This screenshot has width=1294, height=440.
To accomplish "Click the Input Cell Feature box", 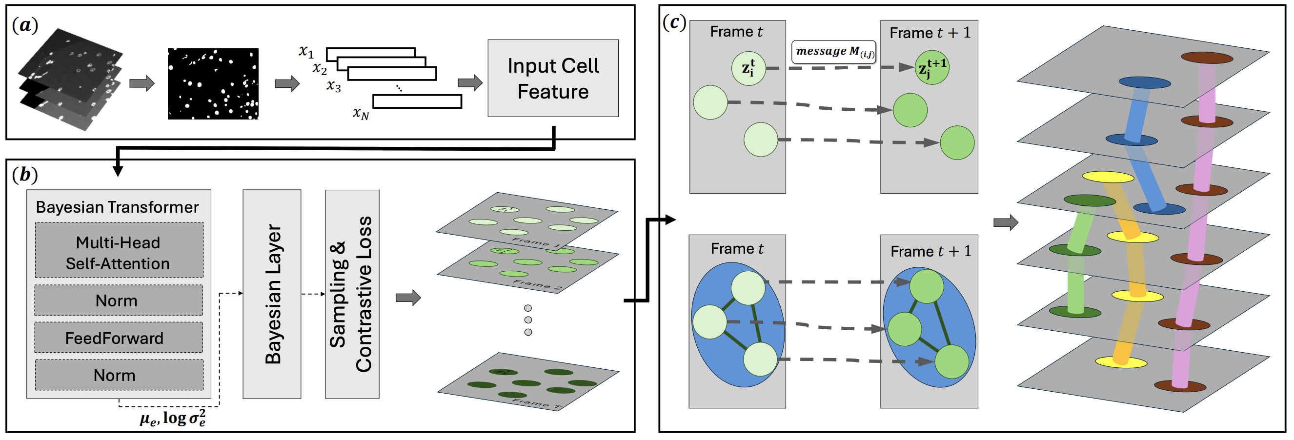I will pyautogui.click(x=552, y=79).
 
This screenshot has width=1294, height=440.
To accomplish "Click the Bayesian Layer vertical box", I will pyautogui.click(x=272, y=294).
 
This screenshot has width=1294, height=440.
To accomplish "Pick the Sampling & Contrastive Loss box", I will pyautogui.click(x=352, y=294).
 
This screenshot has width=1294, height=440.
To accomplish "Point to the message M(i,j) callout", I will pyautogui.click(x=833, y=52).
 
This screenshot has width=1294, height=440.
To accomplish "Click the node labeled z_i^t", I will pyautogui.click(x=748, y=68).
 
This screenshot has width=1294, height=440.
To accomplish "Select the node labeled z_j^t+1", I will pyautogui.click(x=932, y=67).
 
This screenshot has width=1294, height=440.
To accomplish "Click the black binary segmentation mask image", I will pyautogui.click(x=213, y=84).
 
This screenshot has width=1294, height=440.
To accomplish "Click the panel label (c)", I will pyautogui.click(x=674, y=22).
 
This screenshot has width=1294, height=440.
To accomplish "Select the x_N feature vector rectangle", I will pyautogui.click(x=417, y=101).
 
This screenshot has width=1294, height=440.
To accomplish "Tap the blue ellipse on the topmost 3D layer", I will pyautogui.click(x=1144, y=82).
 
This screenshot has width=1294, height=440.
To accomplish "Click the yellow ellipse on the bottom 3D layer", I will pyautogui.click(x=1121, y=361).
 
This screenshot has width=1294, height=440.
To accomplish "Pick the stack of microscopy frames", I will pyautogui.click(x=70, y=80).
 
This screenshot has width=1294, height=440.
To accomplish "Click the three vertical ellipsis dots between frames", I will pyautogui.click(x=527, y=320).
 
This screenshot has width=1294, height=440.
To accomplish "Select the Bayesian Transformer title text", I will pyautogui.click(x=117, y=207).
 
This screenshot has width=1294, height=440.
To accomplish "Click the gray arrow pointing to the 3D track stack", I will pyautogui.click(x=1005, y=222).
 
